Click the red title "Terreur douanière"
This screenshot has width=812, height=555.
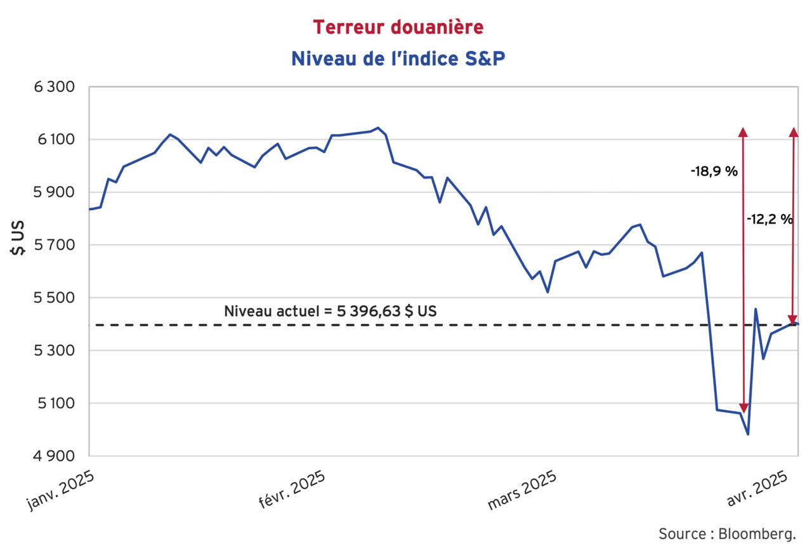398,27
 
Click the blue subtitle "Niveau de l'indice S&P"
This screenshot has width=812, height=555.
398,58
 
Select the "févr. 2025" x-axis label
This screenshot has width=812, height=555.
292,490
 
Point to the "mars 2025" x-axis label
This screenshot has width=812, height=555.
522,490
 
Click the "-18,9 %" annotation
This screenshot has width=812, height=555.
714,171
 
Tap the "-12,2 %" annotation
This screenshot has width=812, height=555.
769,219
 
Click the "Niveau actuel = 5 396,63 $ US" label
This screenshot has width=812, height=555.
331,312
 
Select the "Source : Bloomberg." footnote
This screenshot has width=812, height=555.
726,533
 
